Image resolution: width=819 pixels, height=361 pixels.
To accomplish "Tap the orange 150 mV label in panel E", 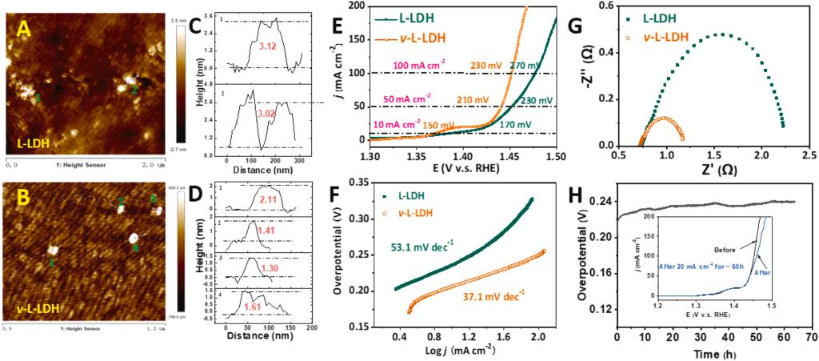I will [x=444, y=125].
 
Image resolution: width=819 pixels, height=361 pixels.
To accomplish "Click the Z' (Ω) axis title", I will [x=704, y=169].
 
